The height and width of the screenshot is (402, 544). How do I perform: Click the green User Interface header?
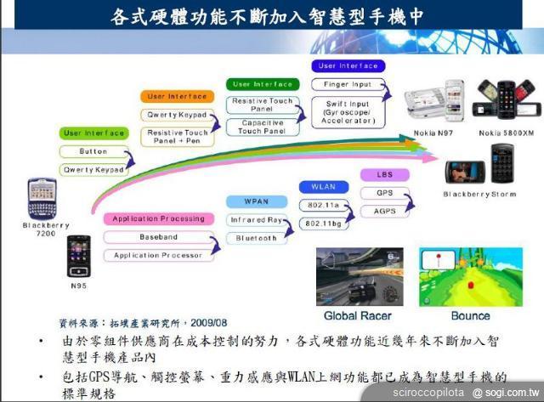[93, 133]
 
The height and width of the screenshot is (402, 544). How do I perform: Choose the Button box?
[93, 151]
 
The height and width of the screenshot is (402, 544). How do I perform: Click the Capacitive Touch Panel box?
[261, 127]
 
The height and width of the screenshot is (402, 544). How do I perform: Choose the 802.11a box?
[323, 206]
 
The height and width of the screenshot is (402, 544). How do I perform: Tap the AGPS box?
[384, 209]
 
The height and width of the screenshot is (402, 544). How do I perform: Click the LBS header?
[384, 174]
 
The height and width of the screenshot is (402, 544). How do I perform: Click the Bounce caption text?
[470, 316]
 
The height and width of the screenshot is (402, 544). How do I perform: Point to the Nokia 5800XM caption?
[506, 133]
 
